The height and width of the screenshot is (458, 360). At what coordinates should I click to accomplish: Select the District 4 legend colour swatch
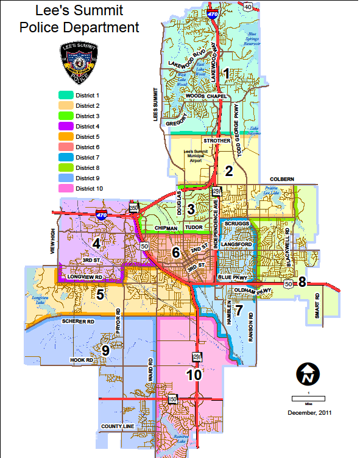(x=66, y=126)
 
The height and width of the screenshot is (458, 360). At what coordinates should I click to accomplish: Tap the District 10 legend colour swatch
(x=66, y=188)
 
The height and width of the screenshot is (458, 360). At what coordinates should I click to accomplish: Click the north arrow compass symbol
(x=307, y=373)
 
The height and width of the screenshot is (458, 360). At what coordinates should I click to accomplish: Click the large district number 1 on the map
(x=227, y=74)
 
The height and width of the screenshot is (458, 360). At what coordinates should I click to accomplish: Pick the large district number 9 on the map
(x=105, y=350)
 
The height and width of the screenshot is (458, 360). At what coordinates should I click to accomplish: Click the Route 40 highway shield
(x=248, y=7)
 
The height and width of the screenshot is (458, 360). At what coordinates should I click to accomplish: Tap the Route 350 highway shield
(x=133, y=210)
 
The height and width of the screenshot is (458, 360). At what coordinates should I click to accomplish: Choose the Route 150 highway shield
(x=173, y=399)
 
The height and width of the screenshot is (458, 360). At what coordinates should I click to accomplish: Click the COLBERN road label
(x=283, y=178)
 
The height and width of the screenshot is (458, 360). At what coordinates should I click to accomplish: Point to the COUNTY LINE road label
(x=119, y=426)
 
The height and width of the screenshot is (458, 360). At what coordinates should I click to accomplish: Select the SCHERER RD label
(x=77, y=320)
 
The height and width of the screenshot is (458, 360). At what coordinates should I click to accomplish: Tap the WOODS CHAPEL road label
(x=207, y=96)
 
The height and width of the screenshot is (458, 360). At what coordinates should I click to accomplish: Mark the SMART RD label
(x=317, y=308)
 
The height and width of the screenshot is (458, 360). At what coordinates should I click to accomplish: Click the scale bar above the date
(x=307, y=398)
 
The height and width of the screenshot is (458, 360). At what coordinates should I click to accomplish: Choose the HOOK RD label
(x=81, y=361)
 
